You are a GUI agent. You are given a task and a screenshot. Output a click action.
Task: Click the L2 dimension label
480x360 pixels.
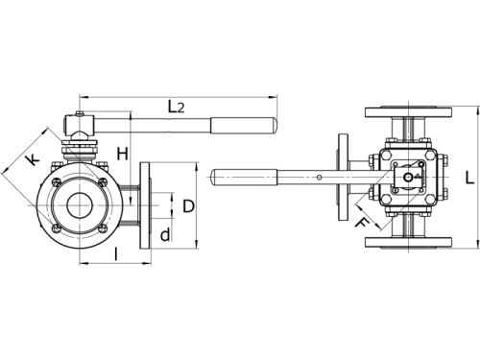click(176, 107)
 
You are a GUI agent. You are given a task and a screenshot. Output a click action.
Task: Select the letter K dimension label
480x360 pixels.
click(33, 161)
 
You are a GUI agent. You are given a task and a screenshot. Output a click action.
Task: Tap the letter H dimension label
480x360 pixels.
click(122, 154)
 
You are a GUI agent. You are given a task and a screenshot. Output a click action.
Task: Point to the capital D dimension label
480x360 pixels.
click(188, 205)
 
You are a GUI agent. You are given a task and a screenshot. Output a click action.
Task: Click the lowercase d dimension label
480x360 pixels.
click(166, 234)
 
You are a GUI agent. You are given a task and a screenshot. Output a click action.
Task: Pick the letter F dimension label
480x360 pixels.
click(362, 225)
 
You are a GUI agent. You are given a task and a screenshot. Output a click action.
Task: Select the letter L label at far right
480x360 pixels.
click(468, 178)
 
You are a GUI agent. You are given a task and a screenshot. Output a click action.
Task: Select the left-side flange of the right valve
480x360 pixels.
click(343, 177)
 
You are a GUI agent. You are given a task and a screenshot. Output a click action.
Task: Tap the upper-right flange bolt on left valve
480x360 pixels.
click(101, 180)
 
